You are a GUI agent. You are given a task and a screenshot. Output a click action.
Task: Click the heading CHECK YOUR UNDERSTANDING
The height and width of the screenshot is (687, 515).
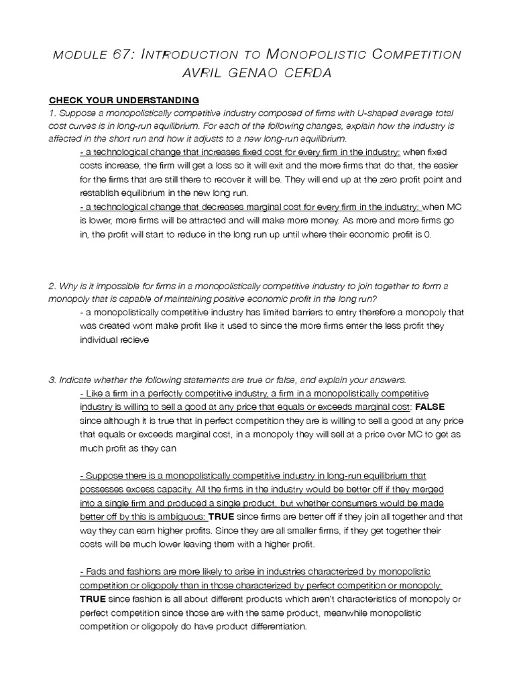pyautogui.click(x=123, y=100)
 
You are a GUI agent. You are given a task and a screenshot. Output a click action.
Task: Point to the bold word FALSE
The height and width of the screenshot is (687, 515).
pyautogui.click(x=430, y=407)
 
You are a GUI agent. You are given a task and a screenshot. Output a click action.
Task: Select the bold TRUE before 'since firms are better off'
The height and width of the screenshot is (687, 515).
pyautogui.click(x=223, y=517)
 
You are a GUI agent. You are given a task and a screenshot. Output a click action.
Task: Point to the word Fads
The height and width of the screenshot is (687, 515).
pyautogui.click(x=96, y=572)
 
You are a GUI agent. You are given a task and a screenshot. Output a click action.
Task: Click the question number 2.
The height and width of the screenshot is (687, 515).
pyautogui.click(x=52, y=286)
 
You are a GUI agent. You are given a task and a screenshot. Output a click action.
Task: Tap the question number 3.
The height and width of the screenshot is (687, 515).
pyautogui.click(x=52, y=380)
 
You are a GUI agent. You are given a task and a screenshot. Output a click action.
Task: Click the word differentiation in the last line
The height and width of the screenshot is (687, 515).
pyautogui.click(x=271, y=626)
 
